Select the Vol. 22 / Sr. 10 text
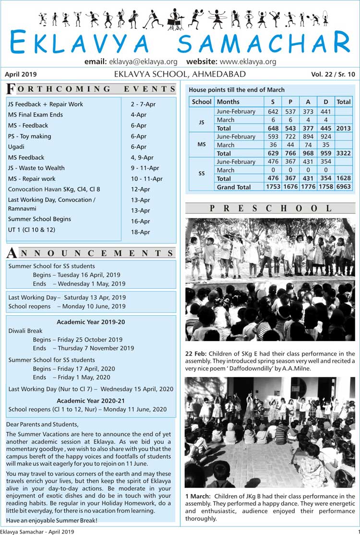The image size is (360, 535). [x=333, y=74]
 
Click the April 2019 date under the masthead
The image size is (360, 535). [x=21, y=74]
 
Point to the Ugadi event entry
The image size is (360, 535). [x=16, y=147]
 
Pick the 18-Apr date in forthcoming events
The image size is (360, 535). [x=140, y=232]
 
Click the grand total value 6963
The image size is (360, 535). [x=343, y=187]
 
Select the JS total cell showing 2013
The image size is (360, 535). [x=343, y=129]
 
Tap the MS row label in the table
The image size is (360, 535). [x=202, y=145]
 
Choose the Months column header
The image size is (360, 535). [x=228, y=102]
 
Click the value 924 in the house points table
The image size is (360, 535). [x=326, y=137]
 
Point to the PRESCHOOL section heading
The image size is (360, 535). [x=270, y=208]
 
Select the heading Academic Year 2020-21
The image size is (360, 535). [x=91, y=400]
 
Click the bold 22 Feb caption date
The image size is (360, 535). [x=195, y=354]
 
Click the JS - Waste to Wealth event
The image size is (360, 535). [x=36, y=168]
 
